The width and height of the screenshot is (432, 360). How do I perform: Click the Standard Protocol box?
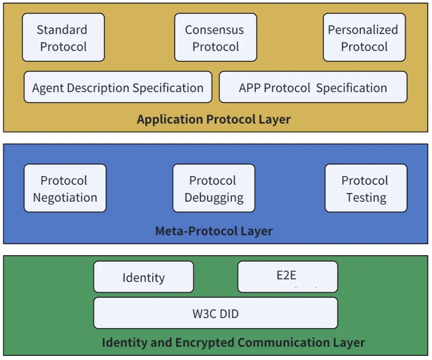pos(63,38)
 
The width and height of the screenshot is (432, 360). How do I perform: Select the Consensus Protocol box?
pos(216,38)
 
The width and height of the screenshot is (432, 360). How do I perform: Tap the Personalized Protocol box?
pos(364,38)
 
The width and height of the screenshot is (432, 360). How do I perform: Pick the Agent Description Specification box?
pos(118,88)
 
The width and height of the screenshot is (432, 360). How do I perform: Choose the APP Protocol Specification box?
pos(313,88)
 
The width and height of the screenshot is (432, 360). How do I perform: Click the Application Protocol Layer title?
pos(214,119)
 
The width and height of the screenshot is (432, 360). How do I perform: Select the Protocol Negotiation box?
pos(65,188)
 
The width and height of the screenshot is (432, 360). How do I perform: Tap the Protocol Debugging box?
pos(214,188)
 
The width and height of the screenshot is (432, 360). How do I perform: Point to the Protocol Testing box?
pos(366,188)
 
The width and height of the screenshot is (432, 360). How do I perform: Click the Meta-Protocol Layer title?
pos(214,231)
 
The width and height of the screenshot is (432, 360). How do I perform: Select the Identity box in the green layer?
pos(144,277)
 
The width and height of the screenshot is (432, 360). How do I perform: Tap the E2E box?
pos(287,276)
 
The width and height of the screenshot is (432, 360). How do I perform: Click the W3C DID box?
pos(216,313)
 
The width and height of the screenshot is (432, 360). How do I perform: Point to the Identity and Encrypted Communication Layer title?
pos(233,342)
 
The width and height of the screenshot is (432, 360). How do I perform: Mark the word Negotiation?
pos(65,197)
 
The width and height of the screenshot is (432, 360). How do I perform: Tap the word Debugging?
pos(214,198)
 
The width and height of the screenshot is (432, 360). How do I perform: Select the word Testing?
pos(366,197)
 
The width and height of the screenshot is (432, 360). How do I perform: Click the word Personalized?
pos(363,30)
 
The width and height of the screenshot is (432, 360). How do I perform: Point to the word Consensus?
pos(214,30)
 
